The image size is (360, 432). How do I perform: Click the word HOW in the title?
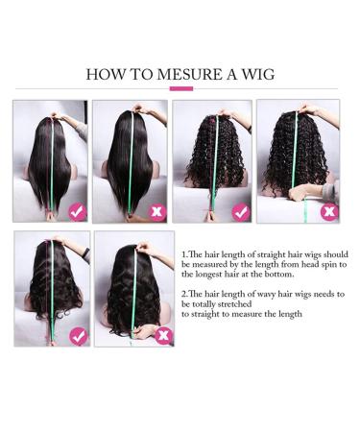[103, 74]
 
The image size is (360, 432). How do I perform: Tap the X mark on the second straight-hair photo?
[157, 209]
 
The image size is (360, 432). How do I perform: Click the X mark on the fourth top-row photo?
[328, 209]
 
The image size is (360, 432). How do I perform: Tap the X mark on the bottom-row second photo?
[162, 335]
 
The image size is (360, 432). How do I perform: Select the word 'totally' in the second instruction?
[205, 303]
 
